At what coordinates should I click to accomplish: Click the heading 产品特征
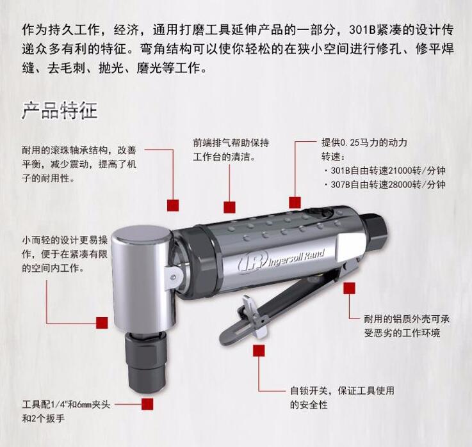(x=60, y=111)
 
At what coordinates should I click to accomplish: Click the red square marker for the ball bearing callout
(x=173, y=205)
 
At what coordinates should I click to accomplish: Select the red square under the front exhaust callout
(x=229, y=207)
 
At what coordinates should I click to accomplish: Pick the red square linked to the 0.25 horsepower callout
(x=295, y=202)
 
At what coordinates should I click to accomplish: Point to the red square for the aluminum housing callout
(x=349, y=288)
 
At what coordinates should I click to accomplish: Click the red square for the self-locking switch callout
(x=259, y=350)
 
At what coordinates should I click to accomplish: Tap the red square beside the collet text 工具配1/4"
(x=147, y=404)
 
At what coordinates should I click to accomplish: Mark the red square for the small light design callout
(x=102, y=323)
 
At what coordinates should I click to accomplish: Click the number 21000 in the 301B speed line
(x=400, y=171)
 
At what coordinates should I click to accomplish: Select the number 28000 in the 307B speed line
(x=400, y=184)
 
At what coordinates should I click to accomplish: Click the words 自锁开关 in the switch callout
(x=309, y=391)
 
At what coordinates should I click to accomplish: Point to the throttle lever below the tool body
(x=280, y=301)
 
